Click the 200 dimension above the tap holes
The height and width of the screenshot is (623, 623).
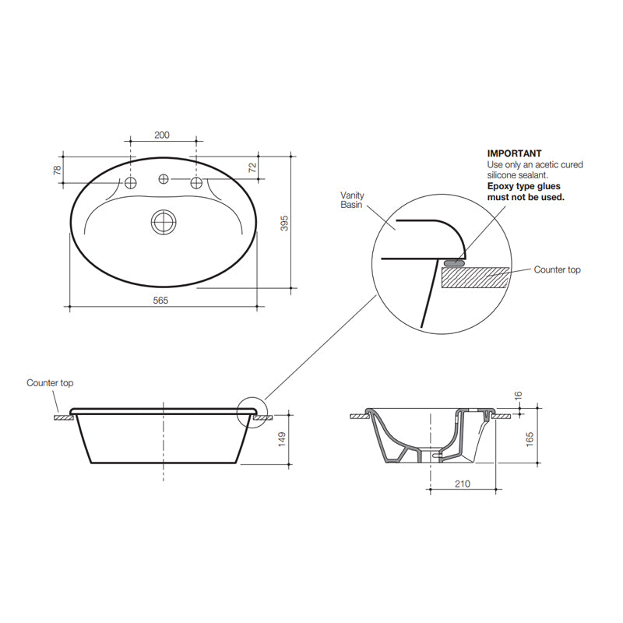click(161, 135)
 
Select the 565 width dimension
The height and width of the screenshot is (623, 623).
click(161, 300)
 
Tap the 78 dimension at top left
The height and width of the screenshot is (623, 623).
click(57, 169)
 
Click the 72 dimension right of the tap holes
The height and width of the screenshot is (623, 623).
click(252, 168)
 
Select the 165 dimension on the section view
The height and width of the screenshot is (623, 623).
click(530, 438)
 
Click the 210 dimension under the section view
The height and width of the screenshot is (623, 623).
click(463, 484)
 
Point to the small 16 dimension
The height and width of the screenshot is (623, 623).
click(519, 397)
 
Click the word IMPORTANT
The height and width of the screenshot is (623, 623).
click(514, 154)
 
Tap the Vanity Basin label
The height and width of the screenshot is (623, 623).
click(352, 200)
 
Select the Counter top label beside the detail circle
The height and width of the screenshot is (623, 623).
click(557, 269)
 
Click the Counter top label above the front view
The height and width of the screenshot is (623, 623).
click(50, 383)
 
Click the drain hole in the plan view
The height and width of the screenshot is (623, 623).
click(164, 222)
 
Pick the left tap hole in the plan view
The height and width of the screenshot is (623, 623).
click(131, 181)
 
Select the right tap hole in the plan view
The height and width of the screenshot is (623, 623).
click(197, 182)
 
